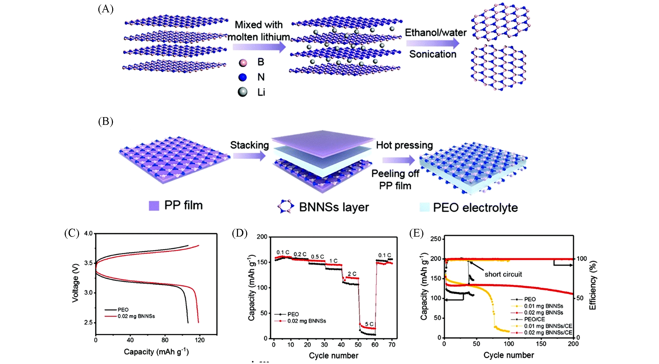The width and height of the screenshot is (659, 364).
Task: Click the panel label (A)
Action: pos(106,9)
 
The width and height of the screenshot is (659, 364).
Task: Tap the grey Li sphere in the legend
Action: pos(243,92)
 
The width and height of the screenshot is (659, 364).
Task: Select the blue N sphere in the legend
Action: pos(243,77)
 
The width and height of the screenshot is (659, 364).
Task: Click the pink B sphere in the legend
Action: pos(243,62)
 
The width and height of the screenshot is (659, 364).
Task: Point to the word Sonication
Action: pos(433,54)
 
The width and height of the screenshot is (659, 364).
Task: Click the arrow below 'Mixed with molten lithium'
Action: pos(259,47)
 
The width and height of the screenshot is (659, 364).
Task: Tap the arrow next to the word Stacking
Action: pos(249,156)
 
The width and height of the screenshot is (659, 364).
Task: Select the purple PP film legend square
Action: pos(154,206)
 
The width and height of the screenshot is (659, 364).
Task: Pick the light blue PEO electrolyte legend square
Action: pos(424,207)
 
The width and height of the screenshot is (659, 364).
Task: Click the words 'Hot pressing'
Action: pos(404,145)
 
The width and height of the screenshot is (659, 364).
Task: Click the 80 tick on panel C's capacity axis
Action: pos(165,340)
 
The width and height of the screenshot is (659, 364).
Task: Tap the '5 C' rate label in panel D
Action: pos(369,324)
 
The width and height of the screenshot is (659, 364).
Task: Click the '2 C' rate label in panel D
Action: pos(352,274)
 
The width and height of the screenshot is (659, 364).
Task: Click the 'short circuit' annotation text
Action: pos(503,274)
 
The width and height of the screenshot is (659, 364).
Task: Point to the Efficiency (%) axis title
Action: pos(593,285)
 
